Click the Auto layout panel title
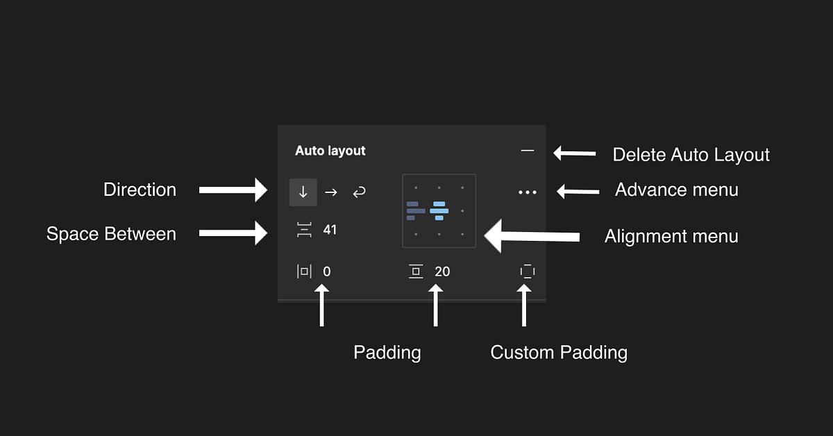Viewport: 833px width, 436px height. pos(330,151)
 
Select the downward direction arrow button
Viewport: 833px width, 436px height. pos(303,192)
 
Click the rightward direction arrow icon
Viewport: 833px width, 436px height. pos(331,192)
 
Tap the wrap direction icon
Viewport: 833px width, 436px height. pos(359,192)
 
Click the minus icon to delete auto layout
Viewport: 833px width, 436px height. pos(528,150)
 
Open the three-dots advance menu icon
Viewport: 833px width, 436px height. pos(528,192)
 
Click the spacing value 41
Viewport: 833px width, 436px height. pos(330,230)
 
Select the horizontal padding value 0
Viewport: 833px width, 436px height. pos(327,271)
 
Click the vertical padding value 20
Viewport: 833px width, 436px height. pos(442,271)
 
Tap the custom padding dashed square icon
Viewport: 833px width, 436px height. pos(528,271)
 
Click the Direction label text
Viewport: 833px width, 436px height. pos(140,190)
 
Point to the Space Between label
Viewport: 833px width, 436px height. pos(111,234)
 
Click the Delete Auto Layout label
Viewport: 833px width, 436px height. pos(691,154)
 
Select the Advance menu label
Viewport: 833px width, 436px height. pos(676,189)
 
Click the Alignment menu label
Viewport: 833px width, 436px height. pos(671,236)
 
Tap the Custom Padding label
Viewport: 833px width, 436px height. pos(559,352)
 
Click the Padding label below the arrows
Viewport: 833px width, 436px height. pos(387,352)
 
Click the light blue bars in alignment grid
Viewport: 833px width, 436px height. pos(439,210)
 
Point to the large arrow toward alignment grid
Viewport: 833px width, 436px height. pos(531,237)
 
